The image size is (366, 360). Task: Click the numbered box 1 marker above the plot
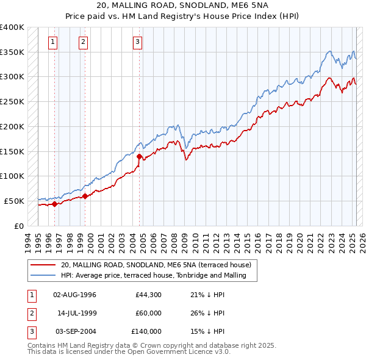point(54,42)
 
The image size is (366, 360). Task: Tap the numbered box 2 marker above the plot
point(82,42)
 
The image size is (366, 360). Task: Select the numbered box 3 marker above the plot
point(138,42)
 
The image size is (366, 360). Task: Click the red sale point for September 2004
point(140,157)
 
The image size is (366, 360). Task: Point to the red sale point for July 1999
point(85,196)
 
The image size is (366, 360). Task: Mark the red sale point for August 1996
point(54,204)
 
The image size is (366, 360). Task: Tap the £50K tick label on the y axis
point(14,201)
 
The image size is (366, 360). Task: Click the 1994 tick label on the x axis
point(27,241)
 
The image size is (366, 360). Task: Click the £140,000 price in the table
point(146,331)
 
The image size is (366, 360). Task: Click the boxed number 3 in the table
point(30,331)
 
